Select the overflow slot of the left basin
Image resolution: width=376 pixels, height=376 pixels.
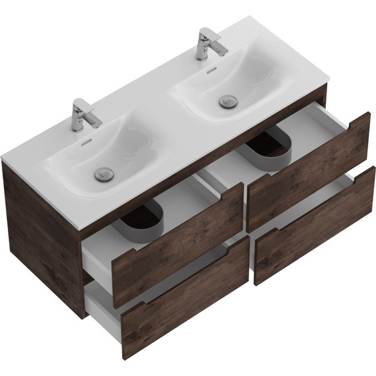84,142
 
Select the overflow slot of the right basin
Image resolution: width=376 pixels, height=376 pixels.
209,69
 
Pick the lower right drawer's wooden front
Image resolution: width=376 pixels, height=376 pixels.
317,224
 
